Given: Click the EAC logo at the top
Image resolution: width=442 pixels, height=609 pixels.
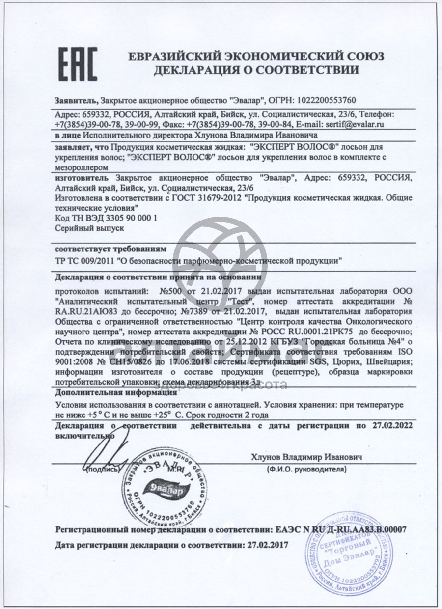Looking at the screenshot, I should pos(78,64).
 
